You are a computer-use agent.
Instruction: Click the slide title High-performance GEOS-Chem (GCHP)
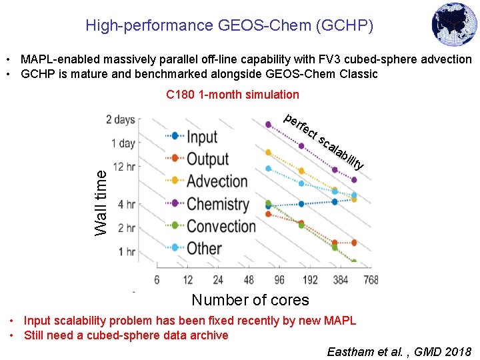[x=229, y=26]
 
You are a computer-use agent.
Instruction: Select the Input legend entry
[x=201, y=137]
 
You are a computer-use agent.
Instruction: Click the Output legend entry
[x=207, y=159]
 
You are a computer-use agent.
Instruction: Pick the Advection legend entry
[x=217, y=181]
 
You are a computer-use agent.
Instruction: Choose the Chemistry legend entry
[x=217, y=203]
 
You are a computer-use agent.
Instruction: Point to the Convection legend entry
[x=221, y=226]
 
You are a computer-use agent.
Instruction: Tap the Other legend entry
[x=204, y=248]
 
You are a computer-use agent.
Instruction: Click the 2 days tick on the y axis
[x=120, y=120]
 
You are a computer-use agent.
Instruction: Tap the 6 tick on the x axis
[x=157, y=279]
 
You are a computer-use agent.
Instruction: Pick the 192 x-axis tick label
[x=309, y=279]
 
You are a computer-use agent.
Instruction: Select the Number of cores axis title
[x=250, y=300]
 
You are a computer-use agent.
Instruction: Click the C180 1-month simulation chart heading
[x=233, y=95]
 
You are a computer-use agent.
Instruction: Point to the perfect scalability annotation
[x=324, y=141]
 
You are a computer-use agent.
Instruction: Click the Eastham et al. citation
[x=399, y=351]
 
